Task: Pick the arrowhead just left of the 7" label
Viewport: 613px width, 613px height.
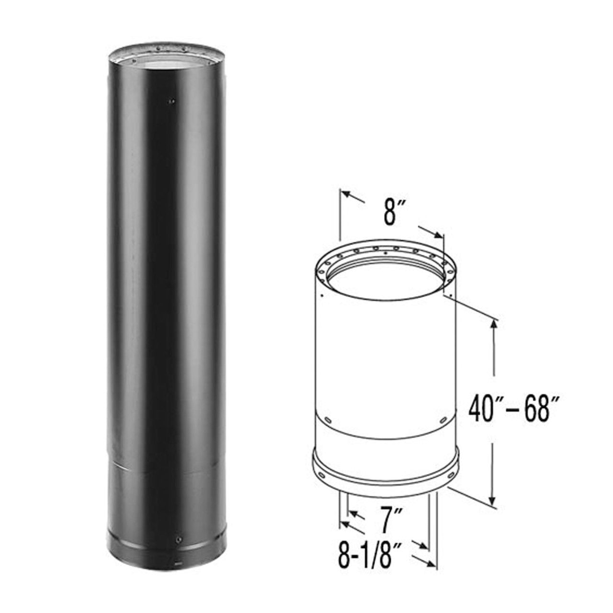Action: (354, 515)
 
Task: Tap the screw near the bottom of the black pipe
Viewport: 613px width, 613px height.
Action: (179, 539)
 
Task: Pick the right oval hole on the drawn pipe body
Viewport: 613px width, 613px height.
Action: (443, 420)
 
